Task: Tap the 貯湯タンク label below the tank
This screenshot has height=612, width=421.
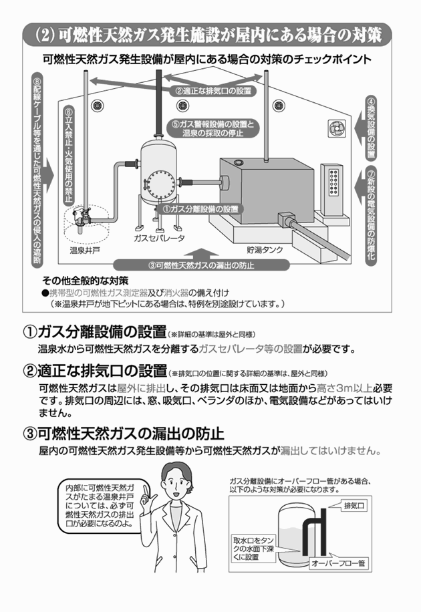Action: pyautogui.click(x=265, y=250)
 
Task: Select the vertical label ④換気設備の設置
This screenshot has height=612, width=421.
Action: pyautogui.click(x=372, y=127)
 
